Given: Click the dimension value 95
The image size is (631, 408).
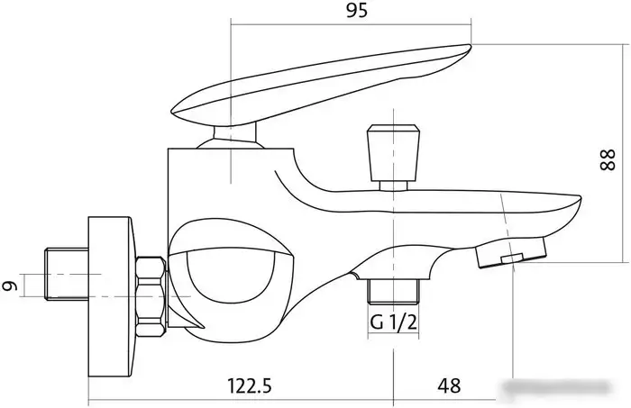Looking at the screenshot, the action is [357, 10].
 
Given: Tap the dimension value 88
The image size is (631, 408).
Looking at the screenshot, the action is [608, 159].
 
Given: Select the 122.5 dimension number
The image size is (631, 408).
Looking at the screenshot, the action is [250, 385].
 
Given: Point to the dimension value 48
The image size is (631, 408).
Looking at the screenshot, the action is [449, 385].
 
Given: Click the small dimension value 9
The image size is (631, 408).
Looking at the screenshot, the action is [11, 286].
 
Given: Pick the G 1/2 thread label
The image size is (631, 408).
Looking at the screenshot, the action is [393, 322].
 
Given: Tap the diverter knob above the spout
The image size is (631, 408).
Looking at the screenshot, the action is [394, 153].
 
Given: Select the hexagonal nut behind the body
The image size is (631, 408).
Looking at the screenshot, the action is [151, 297].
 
